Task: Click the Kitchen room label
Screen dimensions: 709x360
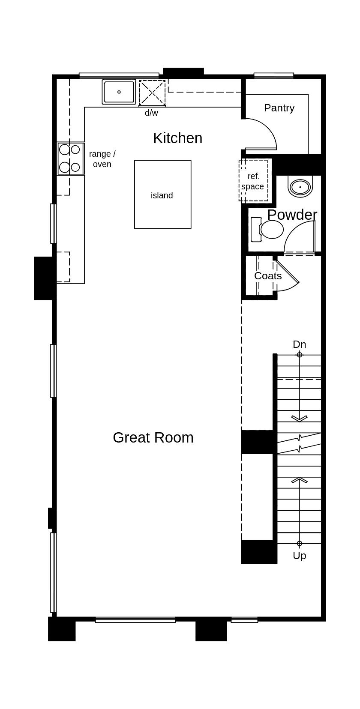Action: [x=177, y=138]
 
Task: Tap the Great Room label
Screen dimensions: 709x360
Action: [x=153, y=437]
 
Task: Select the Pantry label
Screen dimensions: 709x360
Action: [x=279, y=108]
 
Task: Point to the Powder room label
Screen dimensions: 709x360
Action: [x=292, y=215]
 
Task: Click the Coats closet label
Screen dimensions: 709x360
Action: [x=268, y=276]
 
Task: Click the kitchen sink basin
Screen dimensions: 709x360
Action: [x=119, y=92]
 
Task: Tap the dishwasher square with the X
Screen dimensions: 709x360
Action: [x=152, y=93]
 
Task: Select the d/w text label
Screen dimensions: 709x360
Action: [x=151, y=113]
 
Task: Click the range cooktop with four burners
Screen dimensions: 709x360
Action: [x=70, y=159]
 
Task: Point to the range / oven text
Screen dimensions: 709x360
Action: [x=102, y=159]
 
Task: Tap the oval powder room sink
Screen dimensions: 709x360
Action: [x=300, y=187]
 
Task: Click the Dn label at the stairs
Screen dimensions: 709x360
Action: [x=299, y=344]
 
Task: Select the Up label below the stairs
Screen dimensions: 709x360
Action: [x=299, y=556]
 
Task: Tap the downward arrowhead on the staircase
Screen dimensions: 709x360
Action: [x=299, y=418]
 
